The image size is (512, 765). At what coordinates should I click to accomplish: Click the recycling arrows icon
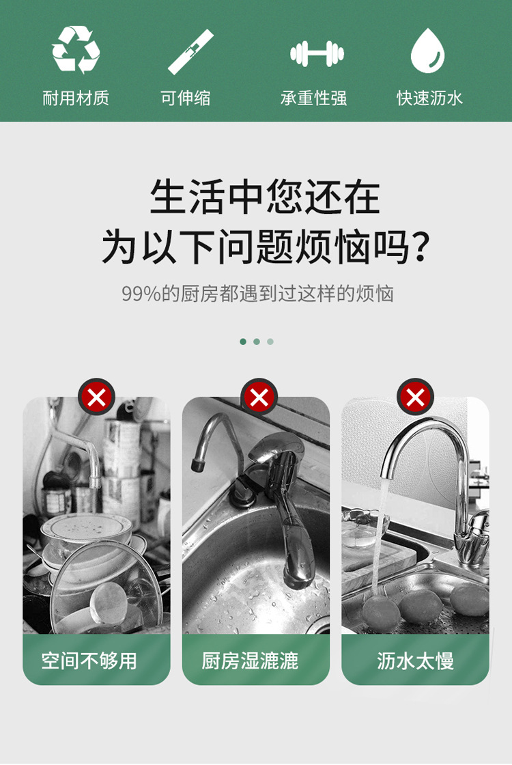(x=76, y=51)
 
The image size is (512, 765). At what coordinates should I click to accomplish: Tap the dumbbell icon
(x=317, y=53)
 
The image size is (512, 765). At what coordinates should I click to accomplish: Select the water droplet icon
(x=427, y=51)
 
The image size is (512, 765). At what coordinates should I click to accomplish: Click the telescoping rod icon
(x=190, y=52)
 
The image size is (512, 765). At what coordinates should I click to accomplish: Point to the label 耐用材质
(x=76, y=98)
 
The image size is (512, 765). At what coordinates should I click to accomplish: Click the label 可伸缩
(x=185, y=98)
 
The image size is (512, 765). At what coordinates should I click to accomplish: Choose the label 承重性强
(x=313, y=98)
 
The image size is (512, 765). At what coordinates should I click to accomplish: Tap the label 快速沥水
(x=429, y=98)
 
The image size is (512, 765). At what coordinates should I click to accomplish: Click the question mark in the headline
(x=420, y=247)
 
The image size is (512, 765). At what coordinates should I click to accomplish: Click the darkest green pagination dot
(x=243, y=342)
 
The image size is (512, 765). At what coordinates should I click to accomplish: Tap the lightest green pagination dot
(x=270, y=342)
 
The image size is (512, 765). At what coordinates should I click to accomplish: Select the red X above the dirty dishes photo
(x=96, y=398)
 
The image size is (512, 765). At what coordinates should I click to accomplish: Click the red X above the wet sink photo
(x=259, y=398)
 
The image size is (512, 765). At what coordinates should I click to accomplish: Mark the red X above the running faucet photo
(x=416, y=398)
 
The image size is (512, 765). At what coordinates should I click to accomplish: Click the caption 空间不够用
(x=89, y=660)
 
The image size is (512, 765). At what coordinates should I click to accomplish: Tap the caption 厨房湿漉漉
(x=250, y=660)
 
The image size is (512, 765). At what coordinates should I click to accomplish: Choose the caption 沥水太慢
(x=416, y=660)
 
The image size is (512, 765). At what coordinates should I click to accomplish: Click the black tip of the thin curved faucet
(x=198, y=464)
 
